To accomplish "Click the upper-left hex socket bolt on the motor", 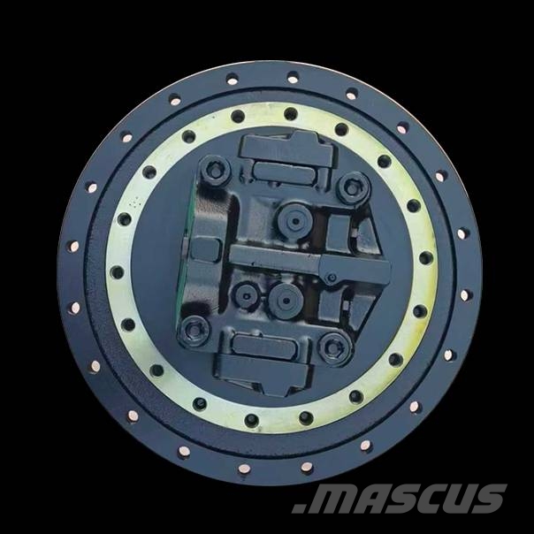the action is (x=216, y=172).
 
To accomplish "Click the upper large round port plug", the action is (x=295, y=221).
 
